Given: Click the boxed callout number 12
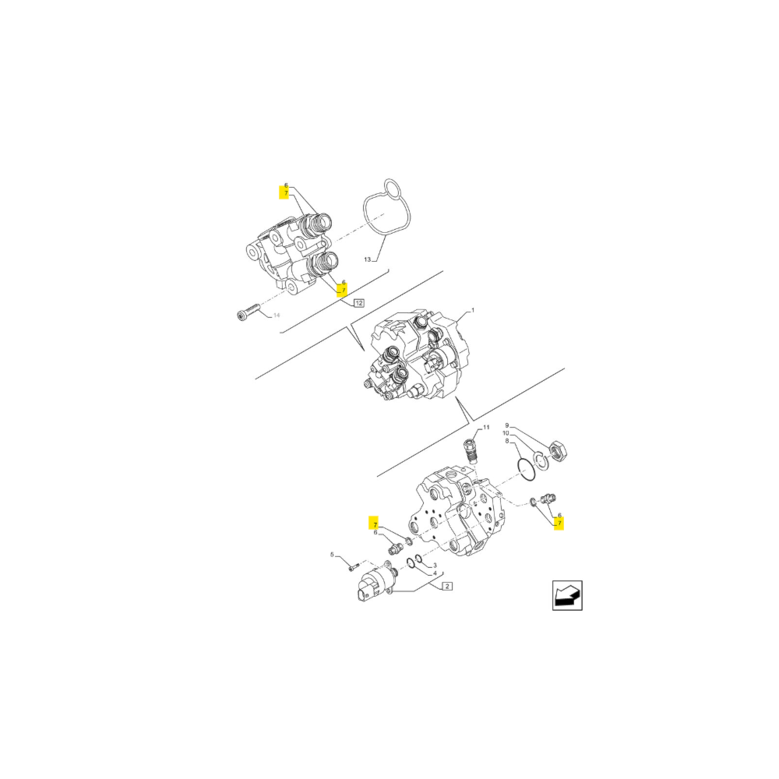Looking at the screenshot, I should [x=358, y=302].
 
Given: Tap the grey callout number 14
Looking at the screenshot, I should [x=275, y=316].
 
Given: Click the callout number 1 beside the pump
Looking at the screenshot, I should [x=471, y=310].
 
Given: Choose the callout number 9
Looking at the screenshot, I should [x=506, y=425].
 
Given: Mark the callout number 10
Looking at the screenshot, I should [x=506, y=433].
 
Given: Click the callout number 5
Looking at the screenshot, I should [x=332, y=555].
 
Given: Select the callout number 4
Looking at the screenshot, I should [x=435, y=573].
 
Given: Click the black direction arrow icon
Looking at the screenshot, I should [x=567, y=595].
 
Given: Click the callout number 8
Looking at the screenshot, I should [x=508, y=441].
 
